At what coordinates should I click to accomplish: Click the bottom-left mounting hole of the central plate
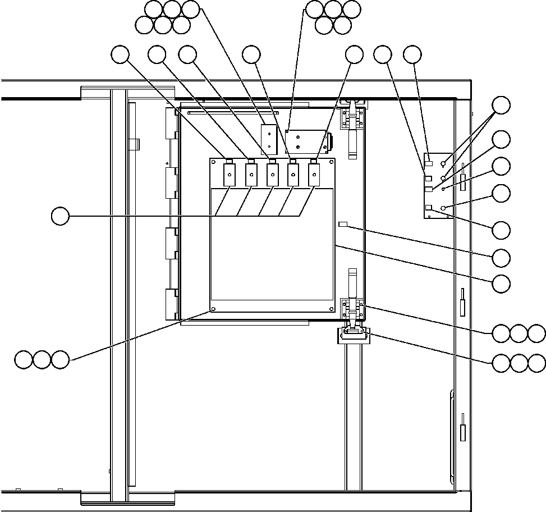click(x=213, y=309)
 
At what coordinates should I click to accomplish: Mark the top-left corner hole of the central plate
click(x=213, y=163)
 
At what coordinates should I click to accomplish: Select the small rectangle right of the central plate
click(x=344, y=225)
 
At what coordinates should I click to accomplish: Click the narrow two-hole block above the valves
click(x=269, y=139)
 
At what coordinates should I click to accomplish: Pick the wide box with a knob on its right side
click(x=306, y=141)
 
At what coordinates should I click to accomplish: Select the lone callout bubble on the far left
click(x=60, y=216)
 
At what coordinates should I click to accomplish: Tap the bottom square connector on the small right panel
click(x=429, y=208)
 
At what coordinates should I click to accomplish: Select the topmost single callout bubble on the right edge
click(x=501, y=105)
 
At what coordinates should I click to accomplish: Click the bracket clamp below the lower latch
click(x=353, y=336)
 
